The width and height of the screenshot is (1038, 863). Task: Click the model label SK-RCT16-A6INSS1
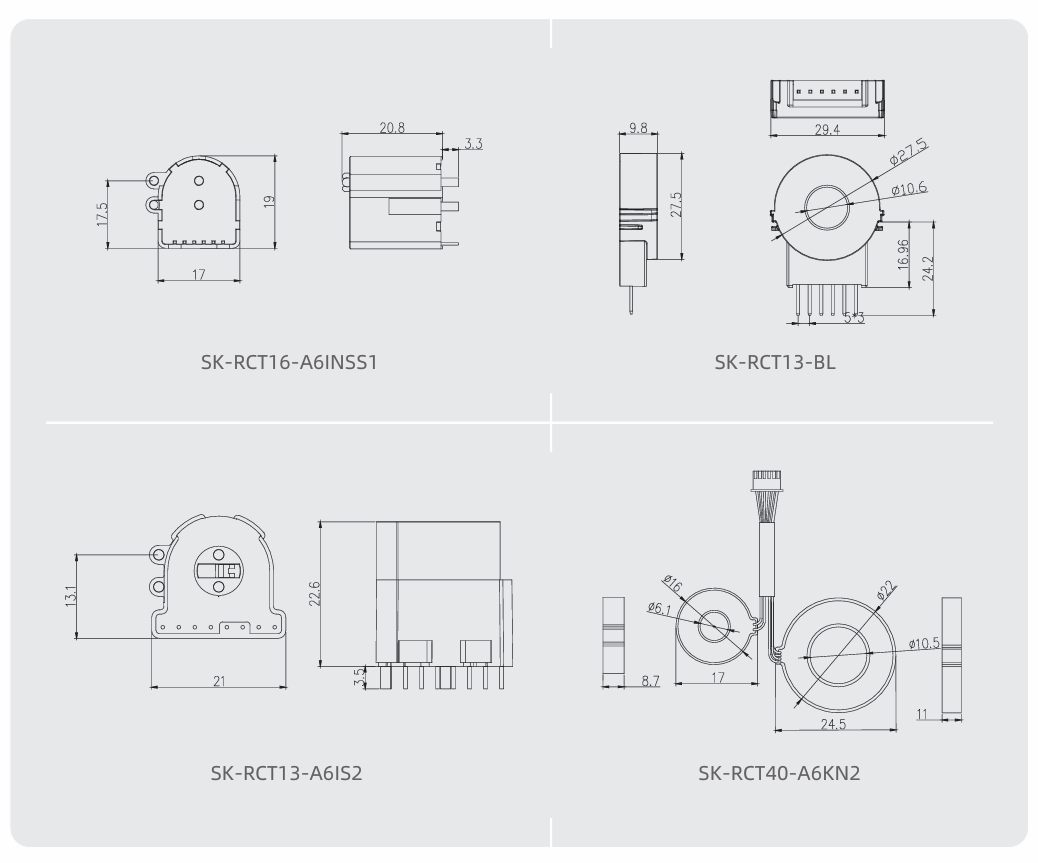[289, 362]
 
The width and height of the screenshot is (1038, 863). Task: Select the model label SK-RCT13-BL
[775, 362]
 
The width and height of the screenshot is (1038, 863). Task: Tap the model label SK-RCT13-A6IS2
[287, 773]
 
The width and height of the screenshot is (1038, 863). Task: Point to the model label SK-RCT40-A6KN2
[779, 773]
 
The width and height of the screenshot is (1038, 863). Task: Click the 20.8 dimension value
[392, 127]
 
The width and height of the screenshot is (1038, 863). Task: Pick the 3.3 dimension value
[473, 143]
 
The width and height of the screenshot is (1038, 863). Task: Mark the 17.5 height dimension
[102, 214]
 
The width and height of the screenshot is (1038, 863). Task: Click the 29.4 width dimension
[827, 130]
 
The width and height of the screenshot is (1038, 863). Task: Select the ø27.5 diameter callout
[908, 152]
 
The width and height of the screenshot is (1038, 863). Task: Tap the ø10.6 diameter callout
[909, 189]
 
